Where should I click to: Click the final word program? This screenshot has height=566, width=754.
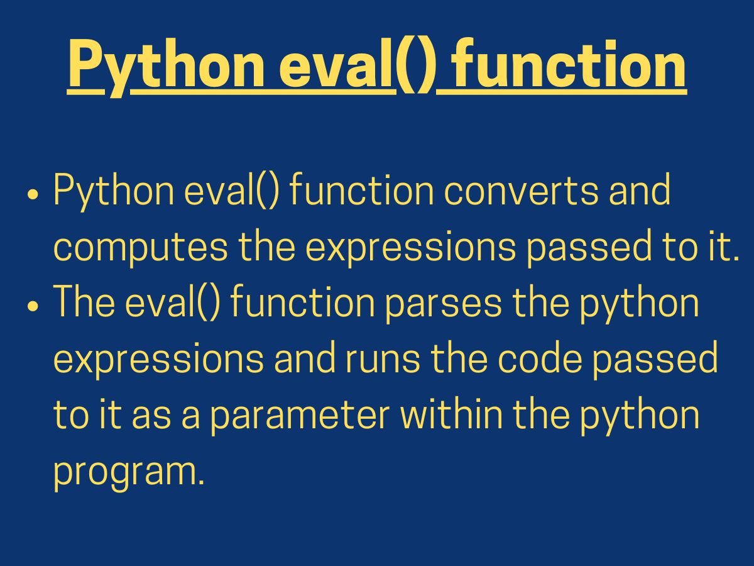(x=128, y=473)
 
